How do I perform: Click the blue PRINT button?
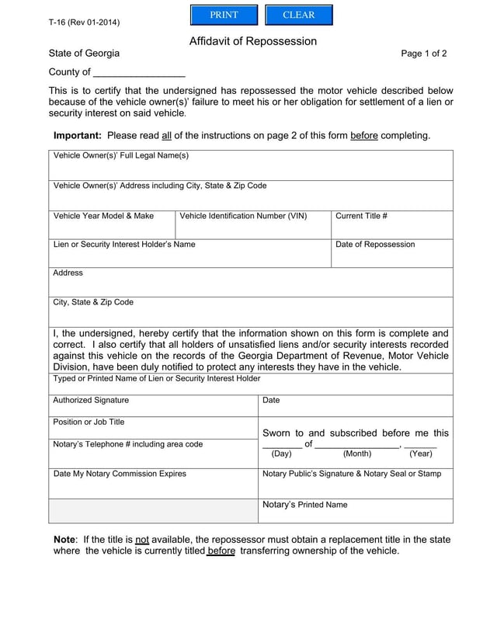[224, 16]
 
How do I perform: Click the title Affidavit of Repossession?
[253, 41]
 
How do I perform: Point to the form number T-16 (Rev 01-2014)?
[84, 22]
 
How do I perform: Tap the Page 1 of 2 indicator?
[424, 54]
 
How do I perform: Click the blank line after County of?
[138, 73]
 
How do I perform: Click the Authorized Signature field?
[153, 407]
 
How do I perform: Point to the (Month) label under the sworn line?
[357, 454]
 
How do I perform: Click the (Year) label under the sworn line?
[421, 454]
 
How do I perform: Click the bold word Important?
[76, 135]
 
